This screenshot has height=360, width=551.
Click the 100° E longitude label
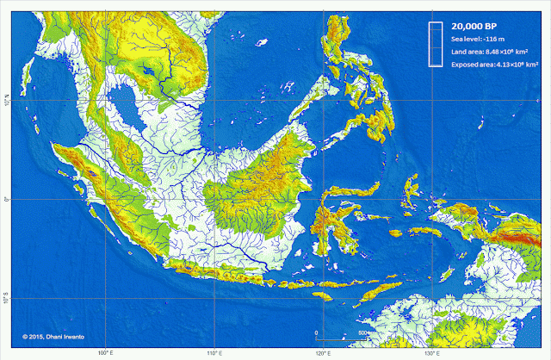click(106, 352)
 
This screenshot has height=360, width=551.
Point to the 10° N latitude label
click(6, 102)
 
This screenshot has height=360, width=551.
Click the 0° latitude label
click(6, 200)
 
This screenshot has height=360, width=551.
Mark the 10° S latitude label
click(6, 298)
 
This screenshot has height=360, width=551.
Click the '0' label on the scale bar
click(316, 332)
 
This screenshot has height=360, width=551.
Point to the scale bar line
click(341, 338)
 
